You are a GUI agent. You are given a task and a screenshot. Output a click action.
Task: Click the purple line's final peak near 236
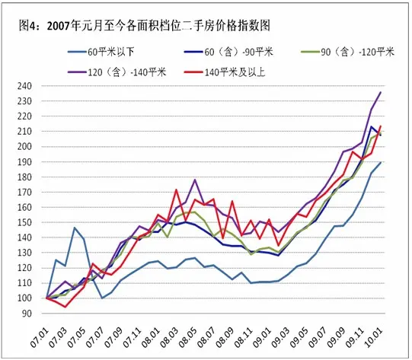(381, 92)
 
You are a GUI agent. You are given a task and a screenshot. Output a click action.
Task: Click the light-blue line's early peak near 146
(75, 228)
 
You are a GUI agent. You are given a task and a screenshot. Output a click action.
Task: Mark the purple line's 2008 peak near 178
(195, 180)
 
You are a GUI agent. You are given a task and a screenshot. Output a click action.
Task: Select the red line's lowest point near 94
(65, 307)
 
